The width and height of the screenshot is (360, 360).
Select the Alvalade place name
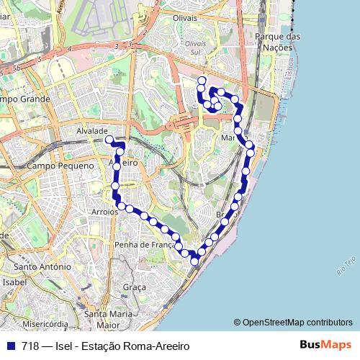point(91,131)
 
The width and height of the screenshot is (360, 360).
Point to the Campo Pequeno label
point(60,166)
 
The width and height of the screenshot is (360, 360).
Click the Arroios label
point(105,212)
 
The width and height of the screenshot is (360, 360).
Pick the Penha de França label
point(144,245)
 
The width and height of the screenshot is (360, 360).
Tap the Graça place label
point(135,287)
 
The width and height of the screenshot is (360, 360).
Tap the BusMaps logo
point(325,345)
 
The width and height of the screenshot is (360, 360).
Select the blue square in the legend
point(11,346)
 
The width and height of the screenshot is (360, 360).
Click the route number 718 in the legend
point(30,346)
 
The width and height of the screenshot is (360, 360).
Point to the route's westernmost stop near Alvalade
point(109,139)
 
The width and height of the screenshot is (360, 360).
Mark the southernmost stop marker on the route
point(194,261)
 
